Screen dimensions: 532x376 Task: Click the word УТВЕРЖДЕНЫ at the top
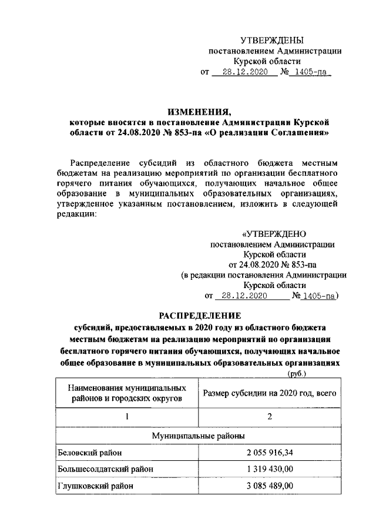[x=272, y=40]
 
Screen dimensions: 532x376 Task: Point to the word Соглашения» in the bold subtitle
[x=297, y=133]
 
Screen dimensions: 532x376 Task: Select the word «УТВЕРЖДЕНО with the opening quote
[x=273, y=233]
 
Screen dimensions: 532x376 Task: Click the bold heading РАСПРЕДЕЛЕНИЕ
[x=199, y=314]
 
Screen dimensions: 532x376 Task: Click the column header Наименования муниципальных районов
[x=126, y=393]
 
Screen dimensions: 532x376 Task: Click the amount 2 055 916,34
[x=270, y=453]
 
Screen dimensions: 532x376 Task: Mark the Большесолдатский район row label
[x=105, y=469]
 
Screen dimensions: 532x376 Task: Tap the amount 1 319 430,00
[x=270, y=469]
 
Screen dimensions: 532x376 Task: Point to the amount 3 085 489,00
[x=270, y=486]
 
